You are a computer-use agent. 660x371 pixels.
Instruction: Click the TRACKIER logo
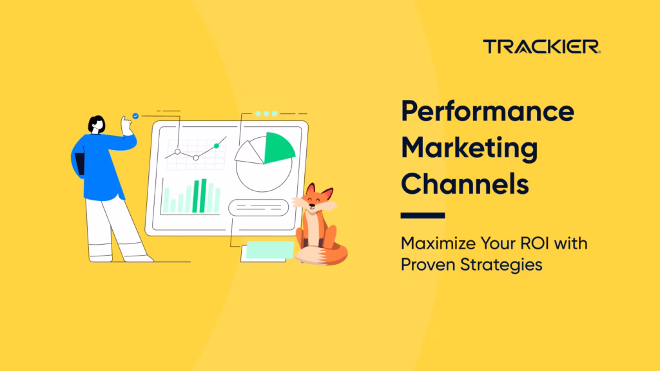point(541,46)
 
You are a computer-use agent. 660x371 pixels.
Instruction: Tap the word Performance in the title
point(487,111)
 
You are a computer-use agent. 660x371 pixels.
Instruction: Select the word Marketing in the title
point(469,149)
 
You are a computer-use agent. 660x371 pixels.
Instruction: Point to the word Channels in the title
point(465,184)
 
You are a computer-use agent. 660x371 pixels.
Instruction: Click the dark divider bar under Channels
point(423,215)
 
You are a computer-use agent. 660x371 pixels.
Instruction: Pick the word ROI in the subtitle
point(534,243)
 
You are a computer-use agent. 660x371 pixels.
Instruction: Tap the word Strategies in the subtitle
point(501,265)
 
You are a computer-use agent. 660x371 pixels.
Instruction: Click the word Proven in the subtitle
point(428,265)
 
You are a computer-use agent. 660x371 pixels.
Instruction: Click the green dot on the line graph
point(217,146)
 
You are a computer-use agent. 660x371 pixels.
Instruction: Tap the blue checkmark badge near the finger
point(135,116)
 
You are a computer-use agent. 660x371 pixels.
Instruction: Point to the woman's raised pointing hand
point(126,126)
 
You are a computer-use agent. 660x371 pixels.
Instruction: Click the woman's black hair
point(95,122)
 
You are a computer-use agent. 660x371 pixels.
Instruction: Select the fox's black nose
point(312,205)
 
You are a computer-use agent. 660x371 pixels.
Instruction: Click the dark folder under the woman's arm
point(79,164)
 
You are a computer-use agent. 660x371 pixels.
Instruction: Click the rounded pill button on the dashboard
point(258,207)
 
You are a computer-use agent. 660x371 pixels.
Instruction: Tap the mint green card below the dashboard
point(270,250)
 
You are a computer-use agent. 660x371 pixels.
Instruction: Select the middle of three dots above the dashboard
point(266,113)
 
